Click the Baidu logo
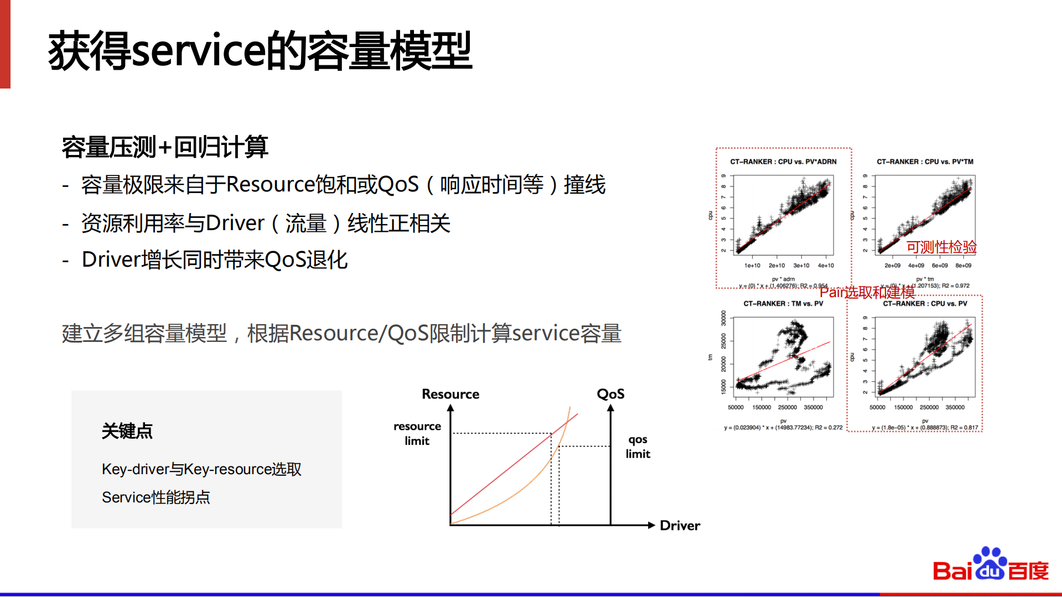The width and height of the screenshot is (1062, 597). click(x=990, y=565)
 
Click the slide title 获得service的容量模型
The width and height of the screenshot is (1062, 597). click(x=260, y=51)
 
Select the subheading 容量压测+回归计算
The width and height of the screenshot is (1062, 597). click(x=165, y=147)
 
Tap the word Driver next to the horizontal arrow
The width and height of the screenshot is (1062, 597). click(x=680, y=526)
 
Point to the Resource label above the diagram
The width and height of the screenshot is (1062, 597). click(x=450, y=394)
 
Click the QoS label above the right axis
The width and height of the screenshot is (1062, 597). click(x=610, y=394)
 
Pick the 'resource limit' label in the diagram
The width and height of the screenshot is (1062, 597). click(x=417, y=433)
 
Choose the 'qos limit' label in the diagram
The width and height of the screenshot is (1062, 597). click(x=638, y=447)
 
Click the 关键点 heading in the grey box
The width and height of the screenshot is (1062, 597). click(x=127, y=431)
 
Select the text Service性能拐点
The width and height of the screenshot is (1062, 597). click(x=156, y=497)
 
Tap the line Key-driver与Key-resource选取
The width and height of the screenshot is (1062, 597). click(x=201, y=469)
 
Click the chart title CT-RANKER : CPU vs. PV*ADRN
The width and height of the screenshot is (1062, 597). click(x=783, y=162)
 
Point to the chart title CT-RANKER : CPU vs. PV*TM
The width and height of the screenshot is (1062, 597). click(x=925, y=162)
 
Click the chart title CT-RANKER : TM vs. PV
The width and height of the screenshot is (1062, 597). click(x=783, y=304)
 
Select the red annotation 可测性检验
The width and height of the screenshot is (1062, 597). click(x=941, y=247)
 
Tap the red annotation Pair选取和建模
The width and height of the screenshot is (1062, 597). click(x=867, y=292)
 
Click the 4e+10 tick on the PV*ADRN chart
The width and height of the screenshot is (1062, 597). click(x=826, y=266)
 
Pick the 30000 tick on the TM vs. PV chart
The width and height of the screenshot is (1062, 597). click(x=723, y=318)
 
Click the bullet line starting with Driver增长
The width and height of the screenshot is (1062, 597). click(x=215, y=259)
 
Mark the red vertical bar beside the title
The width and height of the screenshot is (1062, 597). click(x=5, y=44)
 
